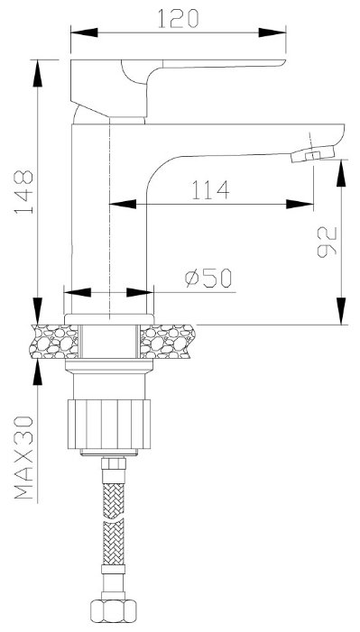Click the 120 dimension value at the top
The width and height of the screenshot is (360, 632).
[x=178, y=19]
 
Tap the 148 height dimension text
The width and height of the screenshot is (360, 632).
[x=23, y=192]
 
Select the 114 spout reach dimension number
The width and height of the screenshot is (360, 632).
[x=210, y=190]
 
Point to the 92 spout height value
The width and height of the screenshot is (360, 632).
[x=327, y=242]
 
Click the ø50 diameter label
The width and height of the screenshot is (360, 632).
[x=208, y=279]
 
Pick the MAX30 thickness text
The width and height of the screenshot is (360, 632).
[x=24, y=457]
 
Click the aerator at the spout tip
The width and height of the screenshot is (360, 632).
[x=313, y=154]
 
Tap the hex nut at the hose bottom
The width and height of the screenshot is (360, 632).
[x=113, y=611]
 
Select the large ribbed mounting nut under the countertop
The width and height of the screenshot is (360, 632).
[x=109, y=424]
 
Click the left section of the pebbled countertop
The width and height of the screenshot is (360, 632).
[x=54, y=342]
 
